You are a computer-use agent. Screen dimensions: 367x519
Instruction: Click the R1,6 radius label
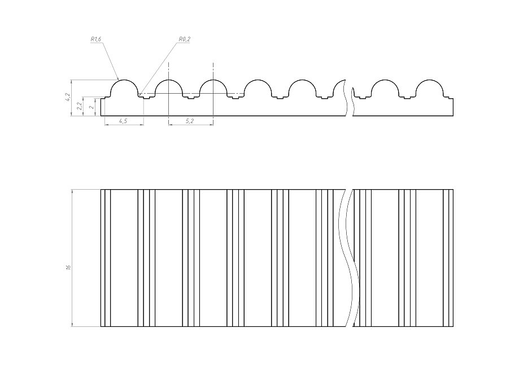pos(95,40)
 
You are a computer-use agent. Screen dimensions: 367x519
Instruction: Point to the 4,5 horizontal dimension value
pos(122,121)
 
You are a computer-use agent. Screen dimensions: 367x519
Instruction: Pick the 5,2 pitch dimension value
pos(190,121)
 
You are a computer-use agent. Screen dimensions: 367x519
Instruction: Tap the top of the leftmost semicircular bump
pos(124,80)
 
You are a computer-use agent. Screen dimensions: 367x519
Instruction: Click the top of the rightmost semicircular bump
pos(430,80)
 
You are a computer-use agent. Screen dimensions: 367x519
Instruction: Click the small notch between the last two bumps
pos(407,98)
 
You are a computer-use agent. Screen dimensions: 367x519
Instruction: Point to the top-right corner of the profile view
pos(453,98)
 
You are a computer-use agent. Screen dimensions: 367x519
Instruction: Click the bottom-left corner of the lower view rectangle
pos(101,326)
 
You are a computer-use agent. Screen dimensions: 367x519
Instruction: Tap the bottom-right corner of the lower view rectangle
pos(453,326)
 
